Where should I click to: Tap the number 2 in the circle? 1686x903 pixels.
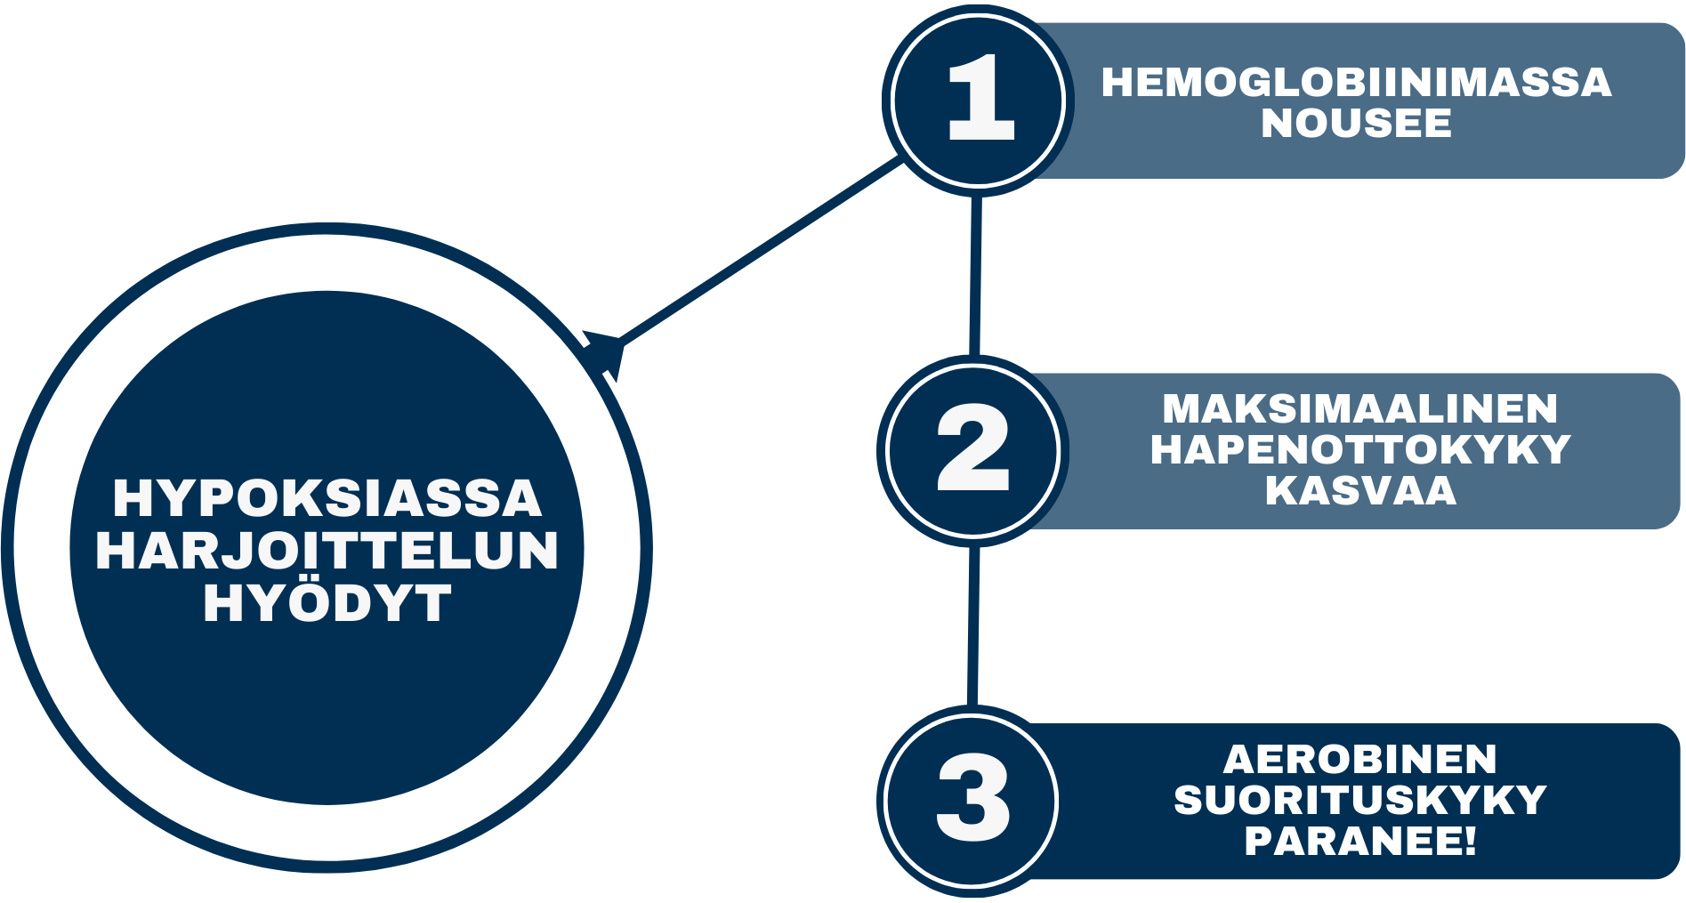point(973,447)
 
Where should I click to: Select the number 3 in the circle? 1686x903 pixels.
point(972,798)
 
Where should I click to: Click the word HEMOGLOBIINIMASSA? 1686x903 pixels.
point(1356,83)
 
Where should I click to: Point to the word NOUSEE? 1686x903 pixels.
point(1356,124)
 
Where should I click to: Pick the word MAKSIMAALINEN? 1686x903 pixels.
point(1360,409)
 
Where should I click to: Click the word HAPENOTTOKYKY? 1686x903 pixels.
point(1360,450)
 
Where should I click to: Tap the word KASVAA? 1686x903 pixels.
point(1360,491)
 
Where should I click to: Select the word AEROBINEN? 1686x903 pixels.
point(1360,760)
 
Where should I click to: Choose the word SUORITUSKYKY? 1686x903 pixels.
point(1360,801)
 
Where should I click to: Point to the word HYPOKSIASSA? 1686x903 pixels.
point(327,498)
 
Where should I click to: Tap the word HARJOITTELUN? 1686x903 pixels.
point(327,552)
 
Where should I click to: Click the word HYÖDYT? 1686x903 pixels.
point(327,604)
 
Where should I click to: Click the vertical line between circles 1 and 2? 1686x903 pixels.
point(975,276)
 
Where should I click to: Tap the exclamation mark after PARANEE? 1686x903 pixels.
point(1469,842)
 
